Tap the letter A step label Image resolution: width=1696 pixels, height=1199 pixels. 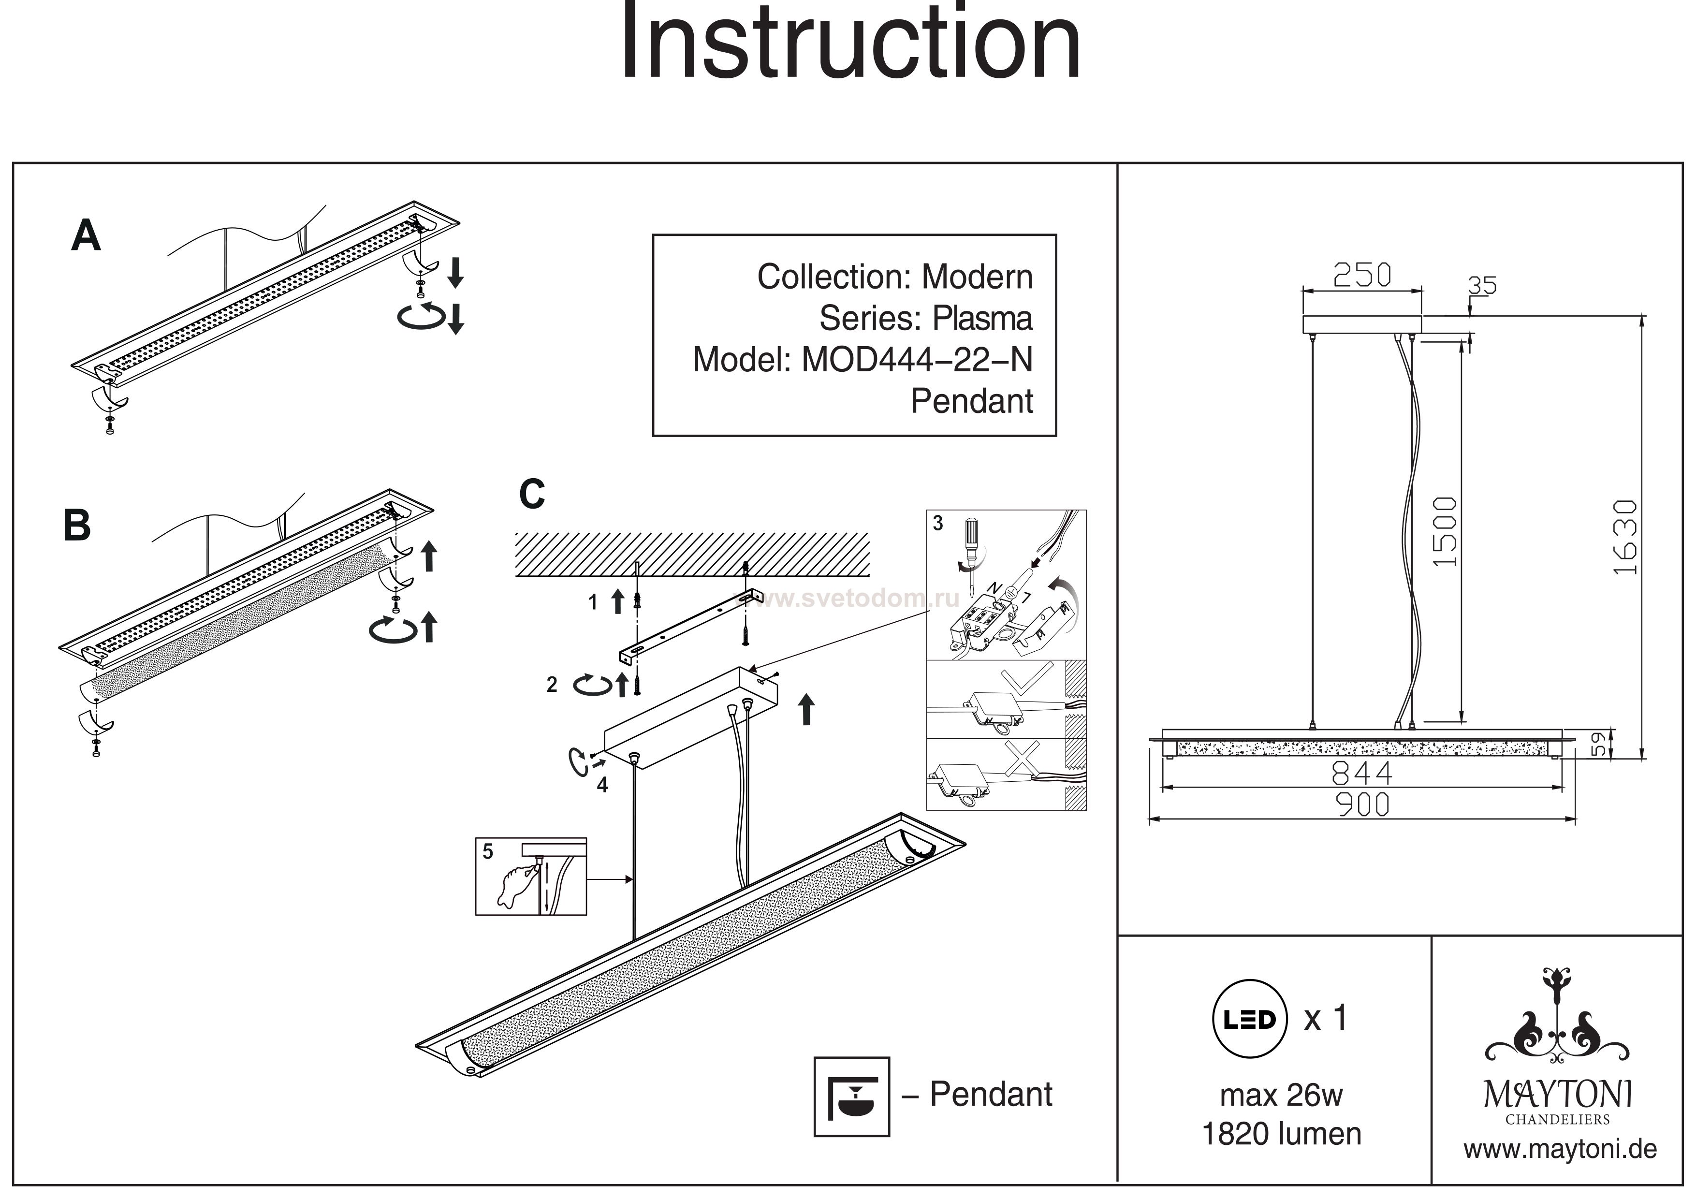86,236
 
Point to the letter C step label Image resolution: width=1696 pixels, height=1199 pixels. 532,494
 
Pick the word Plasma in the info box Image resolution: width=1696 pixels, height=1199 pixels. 982,319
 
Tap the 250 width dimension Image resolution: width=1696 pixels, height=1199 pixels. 1361,276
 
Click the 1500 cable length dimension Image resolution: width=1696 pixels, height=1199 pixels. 1446,531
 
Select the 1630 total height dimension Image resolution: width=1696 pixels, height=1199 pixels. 1624,537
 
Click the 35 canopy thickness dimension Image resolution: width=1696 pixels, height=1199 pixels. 1482,285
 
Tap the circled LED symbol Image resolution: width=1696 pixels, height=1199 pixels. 1249,1020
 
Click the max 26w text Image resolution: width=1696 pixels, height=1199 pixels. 1281,1095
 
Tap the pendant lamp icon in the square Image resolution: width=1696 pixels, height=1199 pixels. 851,1097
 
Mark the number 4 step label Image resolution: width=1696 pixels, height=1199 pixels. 603,785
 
